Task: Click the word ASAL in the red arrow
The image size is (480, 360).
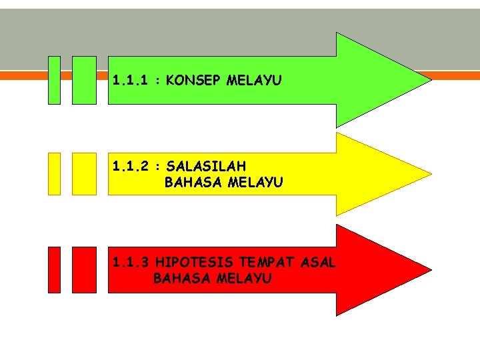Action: click(318, 263)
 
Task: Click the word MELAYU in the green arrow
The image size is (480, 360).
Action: click(254, 81)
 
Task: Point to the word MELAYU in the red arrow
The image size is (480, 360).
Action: click(244, 279)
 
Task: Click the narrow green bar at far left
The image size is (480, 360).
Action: click(54, 80)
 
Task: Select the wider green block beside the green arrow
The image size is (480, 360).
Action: click(84, 80)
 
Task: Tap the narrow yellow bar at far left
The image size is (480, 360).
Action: click(54, 173)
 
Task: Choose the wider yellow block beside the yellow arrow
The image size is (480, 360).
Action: click(84, 173)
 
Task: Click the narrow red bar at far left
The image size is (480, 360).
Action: click(54, 270)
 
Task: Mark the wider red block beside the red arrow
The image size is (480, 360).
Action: click(84, 270)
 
